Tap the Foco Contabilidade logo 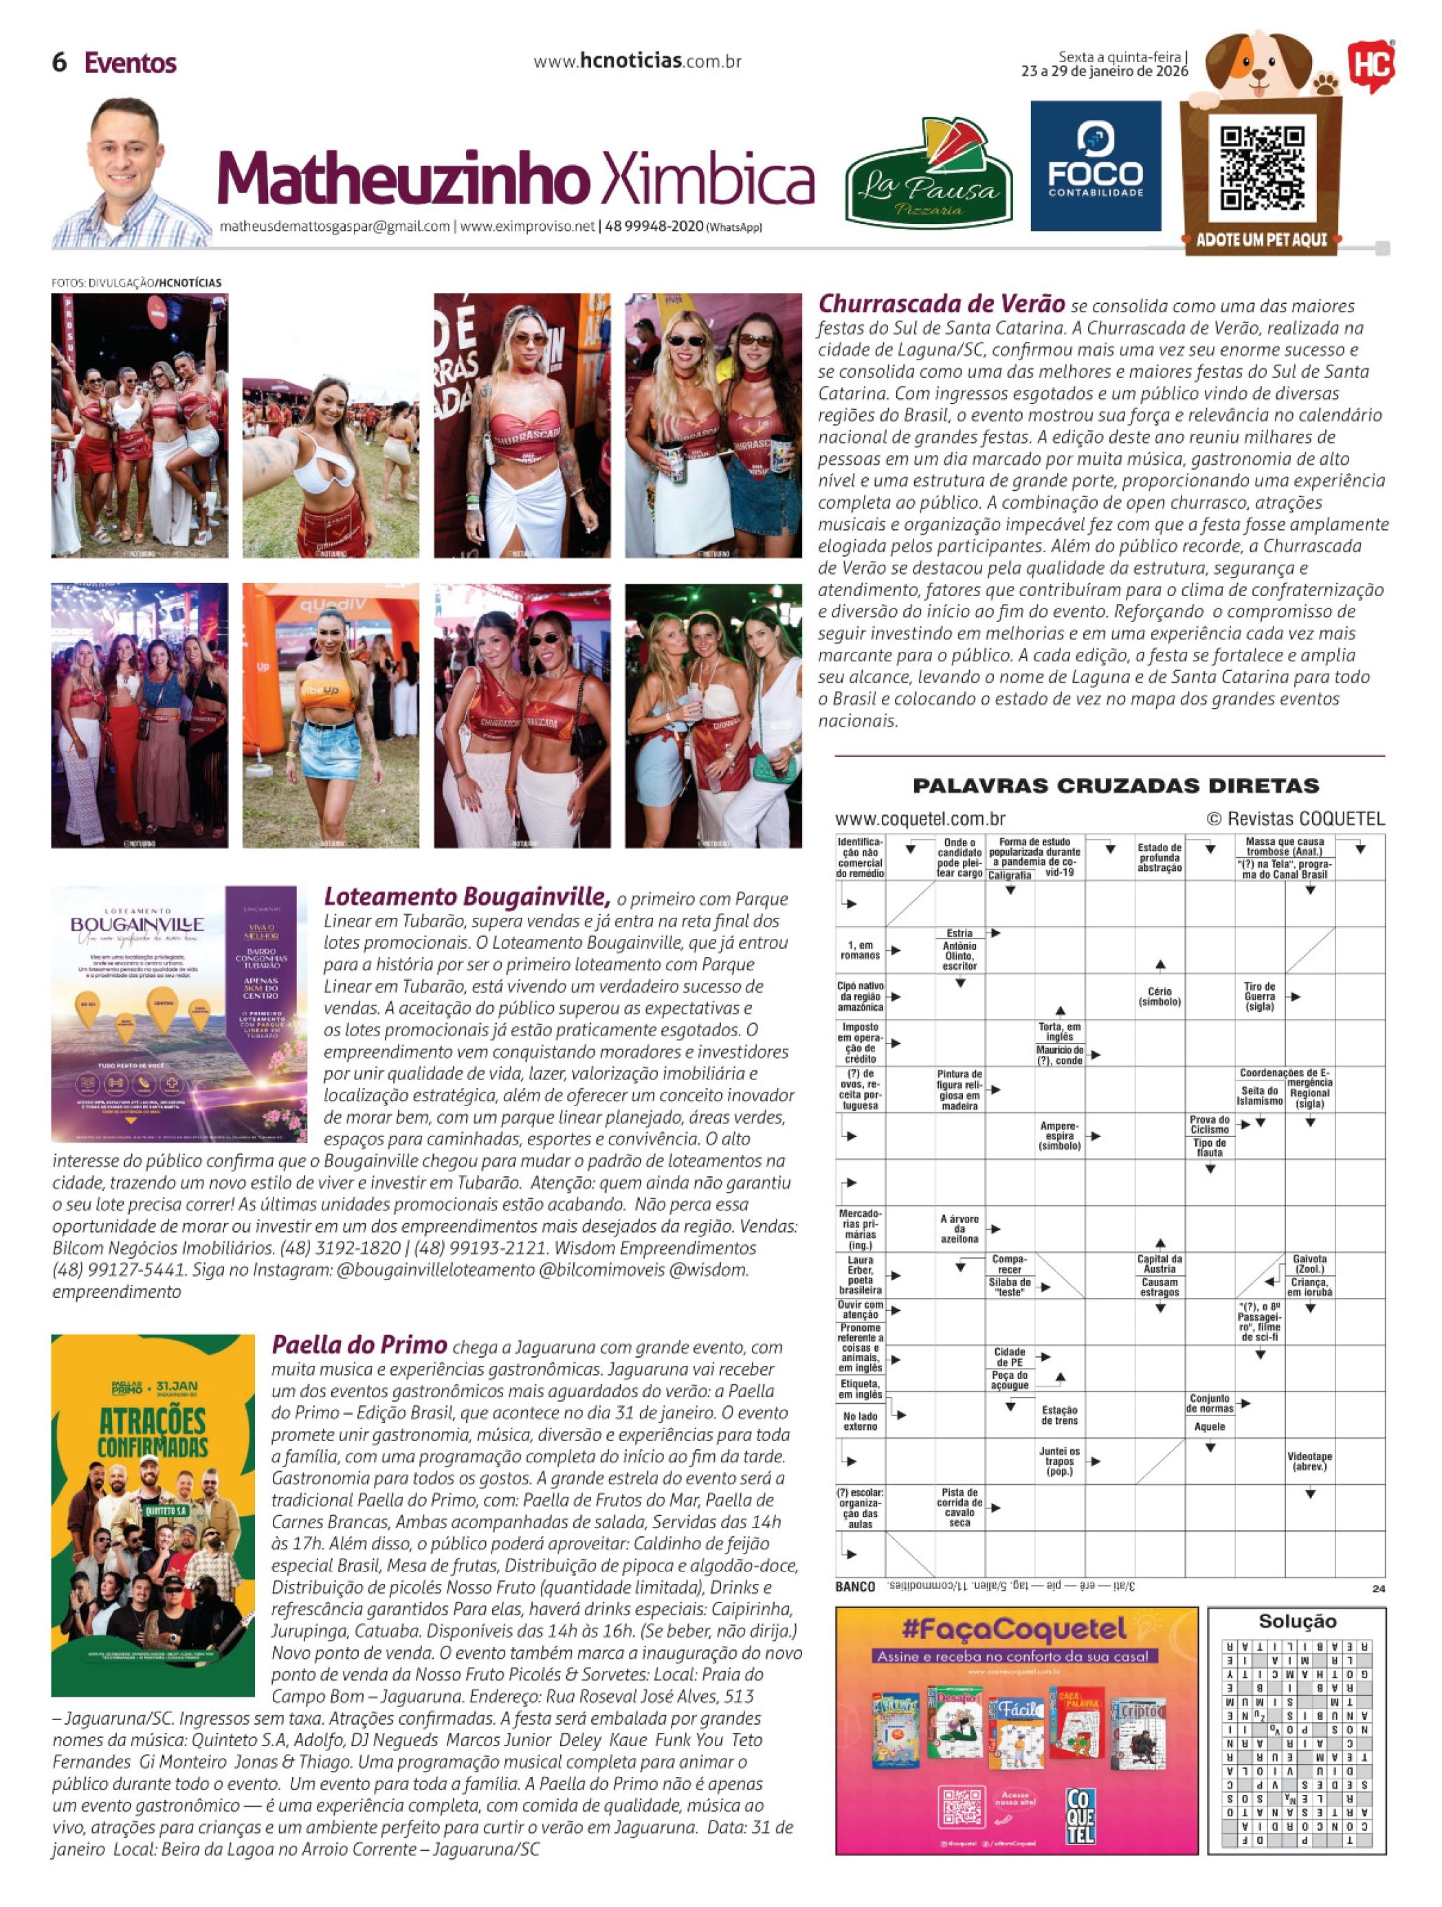1096,166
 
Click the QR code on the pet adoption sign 1262,168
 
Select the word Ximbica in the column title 706,180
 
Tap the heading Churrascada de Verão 941,305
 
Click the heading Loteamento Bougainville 467,896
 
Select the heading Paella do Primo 359,1345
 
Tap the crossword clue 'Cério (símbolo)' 1160,997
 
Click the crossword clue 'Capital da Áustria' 1160,1263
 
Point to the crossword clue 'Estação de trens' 1059,1415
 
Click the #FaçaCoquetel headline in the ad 1014,1629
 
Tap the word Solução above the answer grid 1296,1622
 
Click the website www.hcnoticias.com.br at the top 637,62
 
